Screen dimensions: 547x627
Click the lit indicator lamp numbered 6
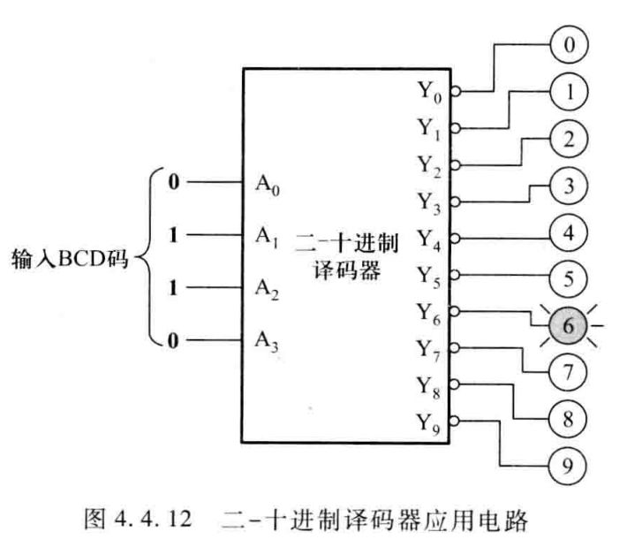point(568,327)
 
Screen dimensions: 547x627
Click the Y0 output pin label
point(431,90)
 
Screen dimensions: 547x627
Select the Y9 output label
point(431,421)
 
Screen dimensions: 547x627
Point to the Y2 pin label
point(431,163)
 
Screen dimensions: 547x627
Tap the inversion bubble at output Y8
point(454,384)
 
